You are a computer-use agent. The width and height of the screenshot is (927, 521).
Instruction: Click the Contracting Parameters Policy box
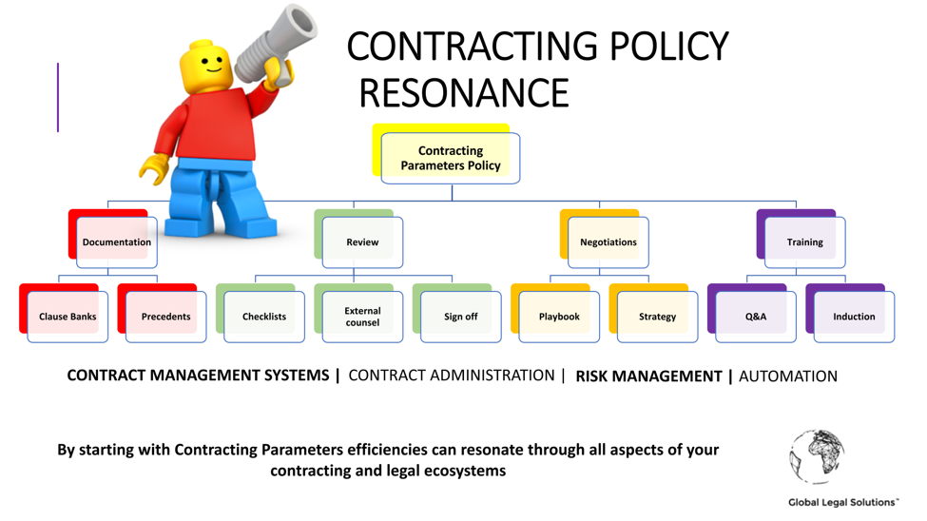click(x=451, y=158)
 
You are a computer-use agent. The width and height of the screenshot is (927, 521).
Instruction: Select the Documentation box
click(x=116, y=241)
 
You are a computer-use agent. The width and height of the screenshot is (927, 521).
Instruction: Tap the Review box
click(x=362, y=241)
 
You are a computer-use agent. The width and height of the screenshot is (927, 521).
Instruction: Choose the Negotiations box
click(x=608, y=241)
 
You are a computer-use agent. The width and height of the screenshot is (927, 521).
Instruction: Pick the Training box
click(x=804, y=241)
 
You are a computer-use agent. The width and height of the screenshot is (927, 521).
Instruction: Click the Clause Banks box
click(x=68, y=317)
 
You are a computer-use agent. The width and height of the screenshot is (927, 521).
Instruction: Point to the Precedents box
click(x=165, y=317)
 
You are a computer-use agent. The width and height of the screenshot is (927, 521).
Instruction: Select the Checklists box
click(x=264, y=317)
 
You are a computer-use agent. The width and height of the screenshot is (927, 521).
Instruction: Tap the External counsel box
click(x=362, y=317)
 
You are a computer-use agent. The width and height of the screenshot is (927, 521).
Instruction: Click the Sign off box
click(x=460, y=317)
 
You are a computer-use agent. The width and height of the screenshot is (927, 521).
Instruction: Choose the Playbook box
click(x=559, y=317)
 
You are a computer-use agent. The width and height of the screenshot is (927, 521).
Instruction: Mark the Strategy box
click(x=657, y=317)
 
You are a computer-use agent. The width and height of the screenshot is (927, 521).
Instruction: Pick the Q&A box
click(x=756, y=317)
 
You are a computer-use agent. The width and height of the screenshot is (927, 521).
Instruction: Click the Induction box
click(x=854, y=317)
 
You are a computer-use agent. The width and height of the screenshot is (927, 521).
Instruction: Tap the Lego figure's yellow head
click(x=206, y=67)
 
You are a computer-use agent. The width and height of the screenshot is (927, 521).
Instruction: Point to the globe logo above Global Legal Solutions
click(x=817, y=456)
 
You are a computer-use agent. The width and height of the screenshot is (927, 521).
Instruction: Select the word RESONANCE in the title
click(x=464, y=93)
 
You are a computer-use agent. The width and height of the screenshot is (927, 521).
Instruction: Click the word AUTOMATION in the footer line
click(x=788, y=376)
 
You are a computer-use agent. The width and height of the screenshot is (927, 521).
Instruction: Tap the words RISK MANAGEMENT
click(x=648, y=376)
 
